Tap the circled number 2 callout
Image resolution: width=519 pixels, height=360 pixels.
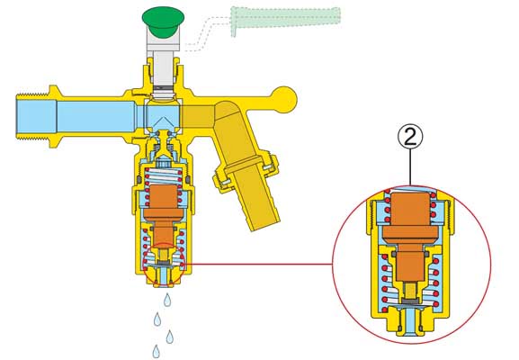click(x=410, y=138)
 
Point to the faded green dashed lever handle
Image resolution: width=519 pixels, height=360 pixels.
click(x=285, y=18)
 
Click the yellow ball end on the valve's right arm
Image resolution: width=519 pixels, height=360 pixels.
click(x=284, y=99)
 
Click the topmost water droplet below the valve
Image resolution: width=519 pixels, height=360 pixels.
click(x=167, y=300)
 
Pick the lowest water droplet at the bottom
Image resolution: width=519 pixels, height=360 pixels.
click(x=157, y=352)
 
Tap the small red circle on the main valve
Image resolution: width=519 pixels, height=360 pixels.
click(x=165, y=264)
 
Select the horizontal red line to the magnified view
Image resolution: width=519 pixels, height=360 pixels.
click(x=259, y=264)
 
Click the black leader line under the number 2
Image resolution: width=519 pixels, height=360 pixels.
click(x=410, y=167)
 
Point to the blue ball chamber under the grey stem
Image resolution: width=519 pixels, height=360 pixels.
click(x=163, y=114)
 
